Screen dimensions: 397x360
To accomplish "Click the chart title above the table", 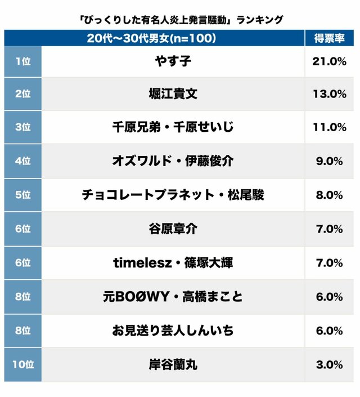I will point(180,20).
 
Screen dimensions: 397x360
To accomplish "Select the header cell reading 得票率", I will point(329,39).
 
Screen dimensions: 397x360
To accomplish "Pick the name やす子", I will point(172,61).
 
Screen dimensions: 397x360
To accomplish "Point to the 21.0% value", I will point(329,61).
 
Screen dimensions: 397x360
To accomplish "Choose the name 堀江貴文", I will point(172,94).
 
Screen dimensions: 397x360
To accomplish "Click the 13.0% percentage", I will point(329,94).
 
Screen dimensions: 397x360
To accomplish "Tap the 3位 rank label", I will point(23,127).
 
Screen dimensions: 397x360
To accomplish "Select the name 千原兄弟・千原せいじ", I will point(172,127).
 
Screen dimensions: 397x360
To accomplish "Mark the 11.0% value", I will point(329,127).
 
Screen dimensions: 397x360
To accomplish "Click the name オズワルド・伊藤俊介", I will point(172,161).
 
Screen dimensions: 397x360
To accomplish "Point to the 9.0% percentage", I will point(329,161).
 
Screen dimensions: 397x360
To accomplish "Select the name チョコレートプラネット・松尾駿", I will point(172,195).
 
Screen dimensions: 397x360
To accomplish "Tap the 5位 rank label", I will point(23,195).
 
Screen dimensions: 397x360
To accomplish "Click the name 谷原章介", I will point(172,229).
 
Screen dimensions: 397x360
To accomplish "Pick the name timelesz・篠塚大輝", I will point(172,262).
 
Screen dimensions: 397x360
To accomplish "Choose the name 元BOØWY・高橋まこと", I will point(172,296).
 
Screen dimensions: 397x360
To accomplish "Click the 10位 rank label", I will point(23,364).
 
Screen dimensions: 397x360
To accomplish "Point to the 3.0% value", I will point(329,364).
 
